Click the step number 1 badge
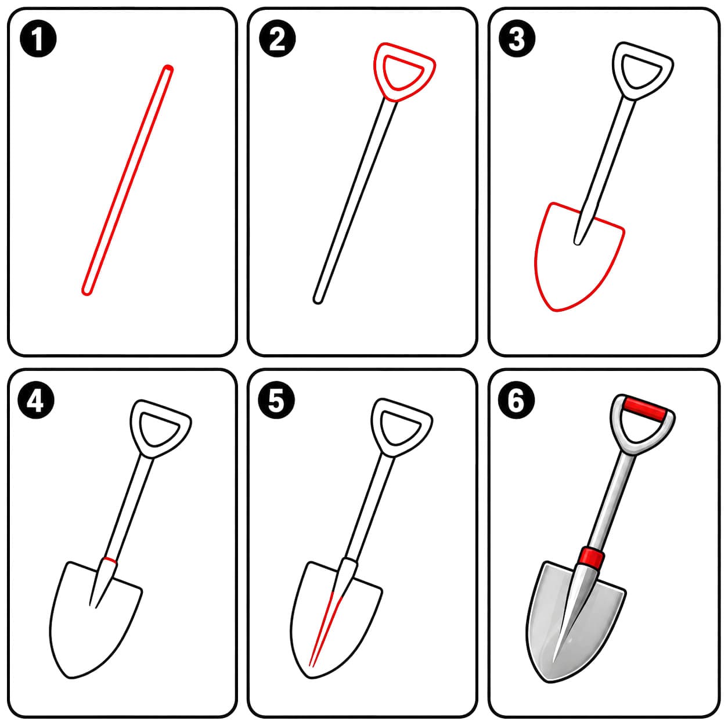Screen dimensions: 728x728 (38, 39)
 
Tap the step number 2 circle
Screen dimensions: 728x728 (277, 39)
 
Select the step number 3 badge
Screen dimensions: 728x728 (517, 39)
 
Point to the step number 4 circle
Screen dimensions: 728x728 (36, 400)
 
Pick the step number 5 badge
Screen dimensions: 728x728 (276, 400)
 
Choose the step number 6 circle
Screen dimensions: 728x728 (517, 400)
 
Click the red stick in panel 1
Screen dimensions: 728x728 (128, 180)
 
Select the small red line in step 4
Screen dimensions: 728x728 (110, 561)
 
